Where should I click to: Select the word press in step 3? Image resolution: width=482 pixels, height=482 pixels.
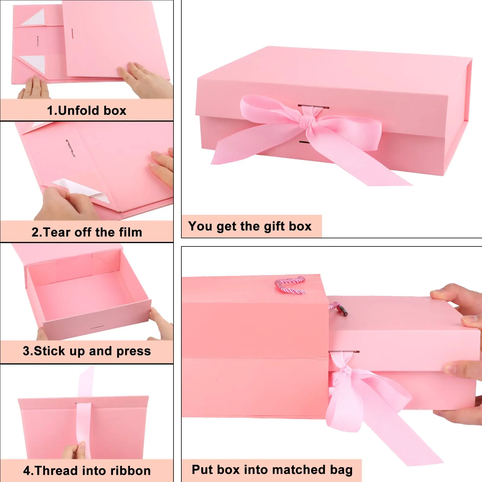pyautogui.click(x=133, y=352)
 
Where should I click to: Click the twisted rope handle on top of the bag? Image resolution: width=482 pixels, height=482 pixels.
pyautogui.click(x=290, y=285)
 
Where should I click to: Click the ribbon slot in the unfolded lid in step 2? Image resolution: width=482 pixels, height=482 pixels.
pyautogui.click(x=70, y=148)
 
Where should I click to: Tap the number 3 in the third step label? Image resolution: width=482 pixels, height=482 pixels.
pyautogui.click(x=26, y=351)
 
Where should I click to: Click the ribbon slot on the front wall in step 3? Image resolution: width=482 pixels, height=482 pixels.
pyautogui.click(x=97, y=327)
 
